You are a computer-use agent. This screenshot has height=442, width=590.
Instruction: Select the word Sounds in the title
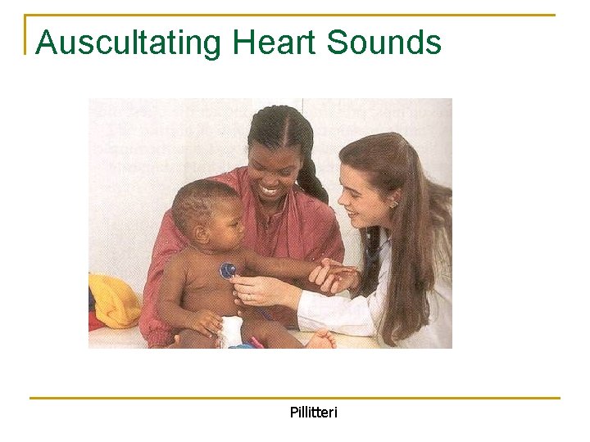384,43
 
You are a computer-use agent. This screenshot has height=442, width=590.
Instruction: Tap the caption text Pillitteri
313,412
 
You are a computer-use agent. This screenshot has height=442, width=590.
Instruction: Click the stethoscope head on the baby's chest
228,270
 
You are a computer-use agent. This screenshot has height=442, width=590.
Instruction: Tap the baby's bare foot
320,339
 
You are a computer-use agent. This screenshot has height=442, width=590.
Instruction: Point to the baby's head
205,205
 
